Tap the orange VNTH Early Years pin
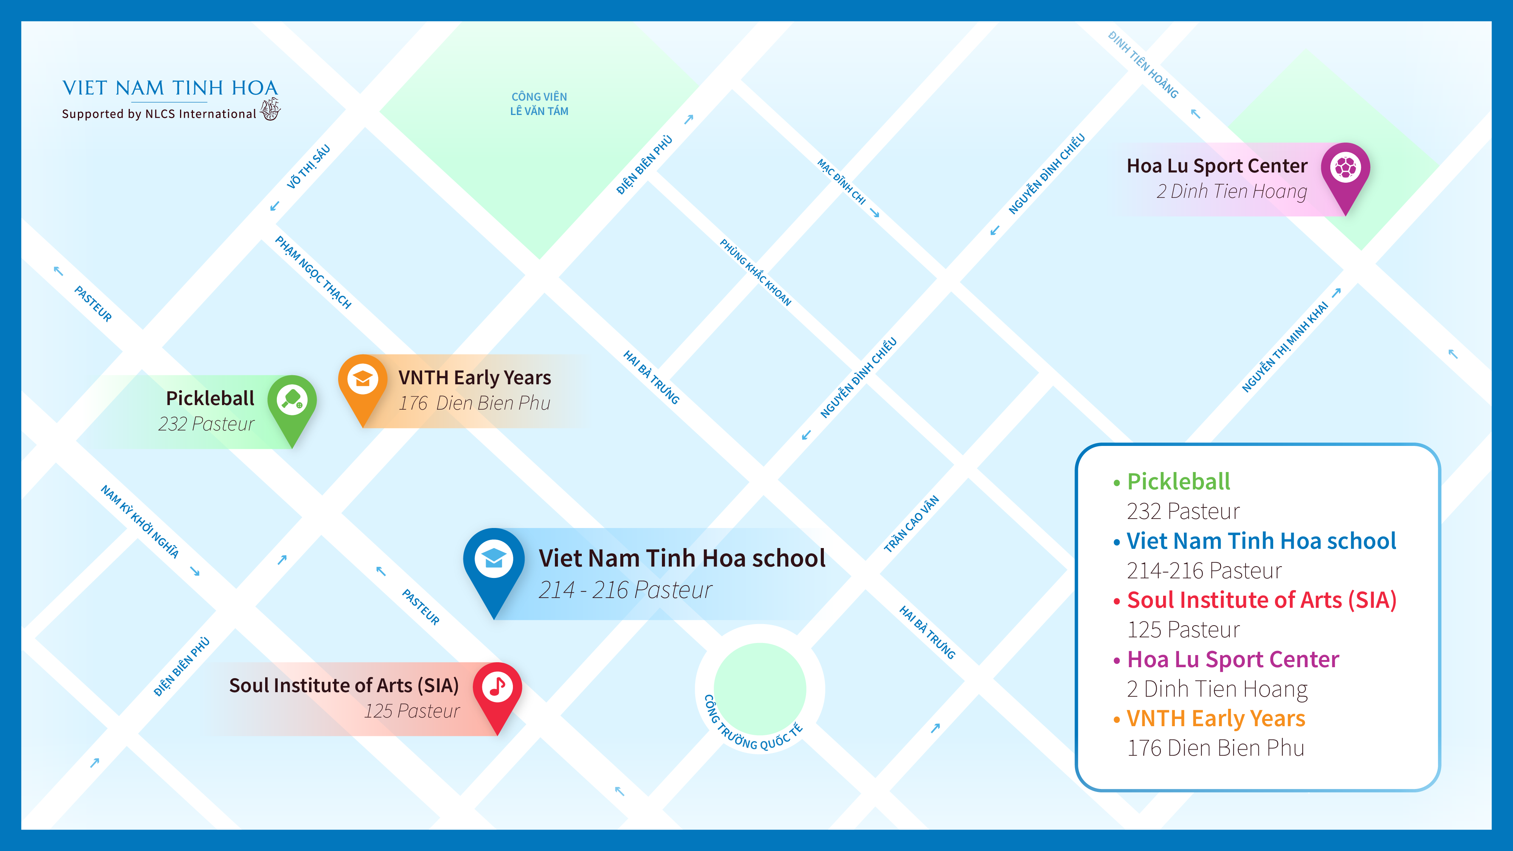(x=362, y=381)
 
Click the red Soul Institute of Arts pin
(x=497, y=688)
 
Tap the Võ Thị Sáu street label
(x=308, y=167)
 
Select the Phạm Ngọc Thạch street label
(x=313, y=272)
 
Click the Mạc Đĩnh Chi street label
(x=842, y=182)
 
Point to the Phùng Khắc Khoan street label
(x=755, y=272)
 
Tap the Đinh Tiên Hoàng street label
(x=1143, y=65)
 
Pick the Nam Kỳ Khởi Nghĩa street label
(x=140, y=521)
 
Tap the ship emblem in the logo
(x=270, y=109)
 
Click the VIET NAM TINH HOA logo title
(x=170, y=88)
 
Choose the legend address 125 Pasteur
(x=1183, y=630)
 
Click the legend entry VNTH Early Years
(x=1216, y=718)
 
